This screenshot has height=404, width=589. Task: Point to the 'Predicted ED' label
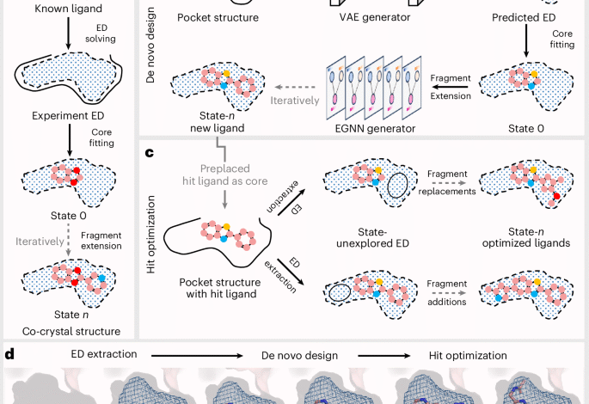coord(526,17)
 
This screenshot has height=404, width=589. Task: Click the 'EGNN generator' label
coord(370,128)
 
